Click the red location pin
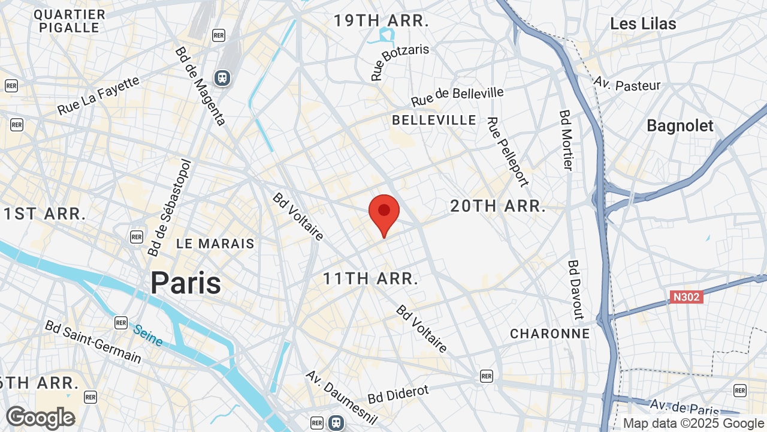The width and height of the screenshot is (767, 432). click(x=384, y=214)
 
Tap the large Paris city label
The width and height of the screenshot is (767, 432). click(x=185, y=283)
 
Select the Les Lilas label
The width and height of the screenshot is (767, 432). click(x=643, y=24)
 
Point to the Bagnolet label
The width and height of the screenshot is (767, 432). click(x=680, y=126)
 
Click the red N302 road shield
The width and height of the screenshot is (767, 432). click(x=686, y=297)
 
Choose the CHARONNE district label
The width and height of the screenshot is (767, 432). click(x=549, y=334)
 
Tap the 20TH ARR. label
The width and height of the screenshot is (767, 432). click(x=498, y=206)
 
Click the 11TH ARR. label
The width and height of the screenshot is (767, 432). click(x=370, y=278)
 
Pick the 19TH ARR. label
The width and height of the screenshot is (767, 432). click(x=382, y=21)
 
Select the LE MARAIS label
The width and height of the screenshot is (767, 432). click(x=216, y=244)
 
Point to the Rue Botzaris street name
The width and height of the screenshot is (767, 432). click(x=400, y=61)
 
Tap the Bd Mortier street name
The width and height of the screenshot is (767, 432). click(x=567, y=139)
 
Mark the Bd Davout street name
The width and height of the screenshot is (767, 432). click(x=575, y=290)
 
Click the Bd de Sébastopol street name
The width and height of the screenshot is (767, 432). click(x=169, y=208)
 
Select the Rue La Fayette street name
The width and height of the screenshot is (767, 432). click(x=99, y=95)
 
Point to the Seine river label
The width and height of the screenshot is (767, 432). click(x=148, y=335)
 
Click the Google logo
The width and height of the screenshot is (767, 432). click(x=40, y=418)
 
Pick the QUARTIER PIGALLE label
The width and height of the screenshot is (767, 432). click(x=70, y=20)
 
